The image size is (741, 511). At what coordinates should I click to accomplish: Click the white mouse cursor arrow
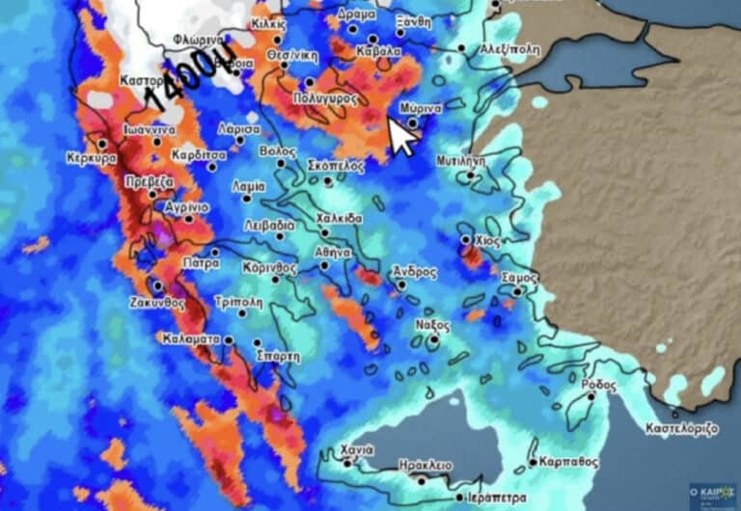(402, 137)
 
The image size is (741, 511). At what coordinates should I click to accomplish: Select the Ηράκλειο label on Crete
(425, 465)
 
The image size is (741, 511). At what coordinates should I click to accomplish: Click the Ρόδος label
(598, 384)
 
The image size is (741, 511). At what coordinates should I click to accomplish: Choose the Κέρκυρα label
(92, 158)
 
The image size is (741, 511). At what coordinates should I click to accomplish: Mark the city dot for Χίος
(466, 239)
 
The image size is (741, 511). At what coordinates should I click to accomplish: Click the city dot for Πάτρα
(214, 253)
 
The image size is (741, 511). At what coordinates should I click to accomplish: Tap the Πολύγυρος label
(325, 98)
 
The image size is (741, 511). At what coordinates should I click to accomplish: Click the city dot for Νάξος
(435, 338)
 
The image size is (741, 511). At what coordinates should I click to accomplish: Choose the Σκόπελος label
(336, 166)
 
